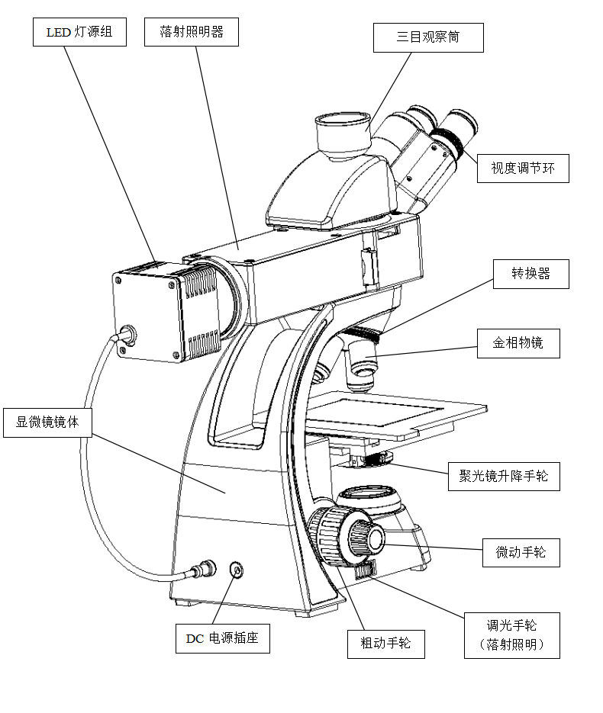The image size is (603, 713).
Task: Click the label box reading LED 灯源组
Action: click(x=79, y=32)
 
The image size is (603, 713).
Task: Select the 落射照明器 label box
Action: click(x=192, y=32)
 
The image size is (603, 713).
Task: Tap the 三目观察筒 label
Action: click(x=428, y=37)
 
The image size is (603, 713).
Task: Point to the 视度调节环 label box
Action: click(x=523, y=169)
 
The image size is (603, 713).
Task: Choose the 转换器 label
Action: click(x=531, y=274)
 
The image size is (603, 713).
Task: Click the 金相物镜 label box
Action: click(x=518, y=343)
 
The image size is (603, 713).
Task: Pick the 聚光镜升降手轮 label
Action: click(x=504, y=477)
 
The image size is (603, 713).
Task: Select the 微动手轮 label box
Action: click(x=521, y=553)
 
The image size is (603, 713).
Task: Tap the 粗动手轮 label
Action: click(x=386, y=644)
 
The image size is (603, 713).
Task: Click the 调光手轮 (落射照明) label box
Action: click(x=512, y=635)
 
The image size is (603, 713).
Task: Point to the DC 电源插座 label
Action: click(x=223, y=638)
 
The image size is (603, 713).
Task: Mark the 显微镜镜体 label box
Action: click(x=48, y=423)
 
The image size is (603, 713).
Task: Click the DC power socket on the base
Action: click(x=237, y=570)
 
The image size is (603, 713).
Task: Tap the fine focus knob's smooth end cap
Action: click(x=376, y=539)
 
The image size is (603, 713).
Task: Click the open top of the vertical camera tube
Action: click(x=342, y=120)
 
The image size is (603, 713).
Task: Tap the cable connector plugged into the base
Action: click(x=203, y=568)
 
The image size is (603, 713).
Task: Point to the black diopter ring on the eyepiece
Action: click(x=448, y=140)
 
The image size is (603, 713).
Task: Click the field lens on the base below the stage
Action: click(x=369, y=495)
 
